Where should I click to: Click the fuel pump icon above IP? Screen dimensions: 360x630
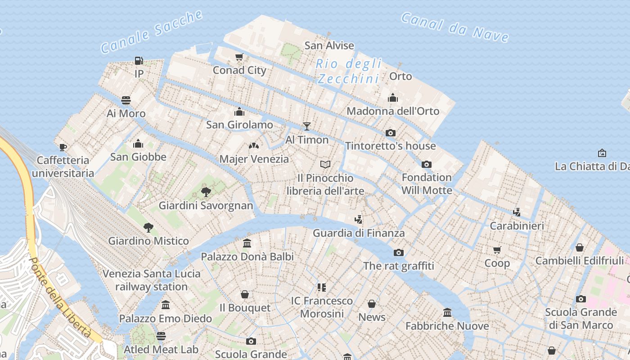pos(139,60)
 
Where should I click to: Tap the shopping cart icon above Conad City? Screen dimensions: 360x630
pos(239,57)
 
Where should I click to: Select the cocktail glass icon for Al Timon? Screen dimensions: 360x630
pos(307,126)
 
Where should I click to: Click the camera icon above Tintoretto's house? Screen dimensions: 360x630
pos(390,133)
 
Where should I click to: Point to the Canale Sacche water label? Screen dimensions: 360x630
pos(151,31)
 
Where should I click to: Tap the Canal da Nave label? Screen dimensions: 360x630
pos(454,27)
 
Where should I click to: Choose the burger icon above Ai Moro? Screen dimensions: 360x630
pos(126,100)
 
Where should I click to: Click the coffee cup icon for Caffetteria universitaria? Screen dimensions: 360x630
pos(63,147)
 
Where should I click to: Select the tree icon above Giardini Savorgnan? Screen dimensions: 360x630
pos(206,193)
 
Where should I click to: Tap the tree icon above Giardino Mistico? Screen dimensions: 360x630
pos(148,228)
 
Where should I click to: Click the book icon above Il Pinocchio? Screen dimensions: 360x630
pos(325,164)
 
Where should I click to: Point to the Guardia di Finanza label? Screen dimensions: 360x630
pos(359,233)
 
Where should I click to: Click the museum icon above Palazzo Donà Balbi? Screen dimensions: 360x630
pos(247,243)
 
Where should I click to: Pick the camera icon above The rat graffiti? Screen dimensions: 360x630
pos(399,252)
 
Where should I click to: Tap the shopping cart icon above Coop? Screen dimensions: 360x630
pos(497,250)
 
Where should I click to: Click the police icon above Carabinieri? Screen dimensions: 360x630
pos(517,212)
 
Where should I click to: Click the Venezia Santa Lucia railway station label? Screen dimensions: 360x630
pos(151,280)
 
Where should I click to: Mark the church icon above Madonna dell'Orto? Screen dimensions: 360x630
pos(393,98)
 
